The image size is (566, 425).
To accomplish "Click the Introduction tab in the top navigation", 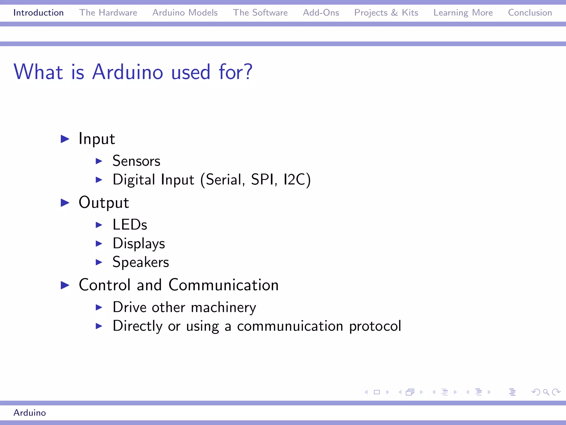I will (x=38, y=13).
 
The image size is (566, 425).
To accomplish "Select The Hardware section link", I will (x=108, y=13).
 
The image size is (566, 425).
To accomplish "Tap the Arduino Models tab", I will (x=185, y=13).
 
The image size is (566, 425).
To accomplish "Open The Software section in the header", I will (x=260, y=13).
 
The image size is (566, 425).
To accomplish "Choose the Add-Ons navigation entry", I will (x=321, y=13).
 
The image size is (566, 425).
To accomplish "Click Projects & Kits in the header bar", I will (x=386, y=13).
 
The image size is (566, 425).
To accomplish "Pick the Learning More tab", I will (x=463, y=13).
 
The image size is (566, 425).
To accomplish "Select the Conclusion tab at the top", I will (x=530, y=13).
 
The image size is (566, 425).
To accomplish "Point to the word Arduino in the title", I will (x=128, y=72).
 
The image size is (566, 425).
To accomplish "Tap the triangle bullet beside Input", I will (x=65, y=139).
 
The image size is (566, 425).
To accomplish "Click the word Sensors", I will (x=136, y=161).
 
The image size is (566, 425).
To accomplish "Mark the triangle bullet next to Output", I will (x=65, y=203).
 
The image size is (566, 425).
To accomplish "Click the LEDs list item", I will (x=130, y=225).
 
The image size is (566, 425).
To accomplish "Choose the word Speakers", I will (x=140, y=262).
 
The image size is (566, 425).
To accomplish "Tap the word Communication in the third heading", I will (x=223, y=285).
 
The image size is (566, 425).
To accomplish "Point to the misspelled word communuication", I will (x=290, y=326).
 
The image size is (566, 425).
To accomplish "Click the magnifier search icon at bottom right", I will (x=546, y=392).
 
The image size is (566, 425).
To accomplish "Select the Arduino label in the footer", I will (x=30, y=413).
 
